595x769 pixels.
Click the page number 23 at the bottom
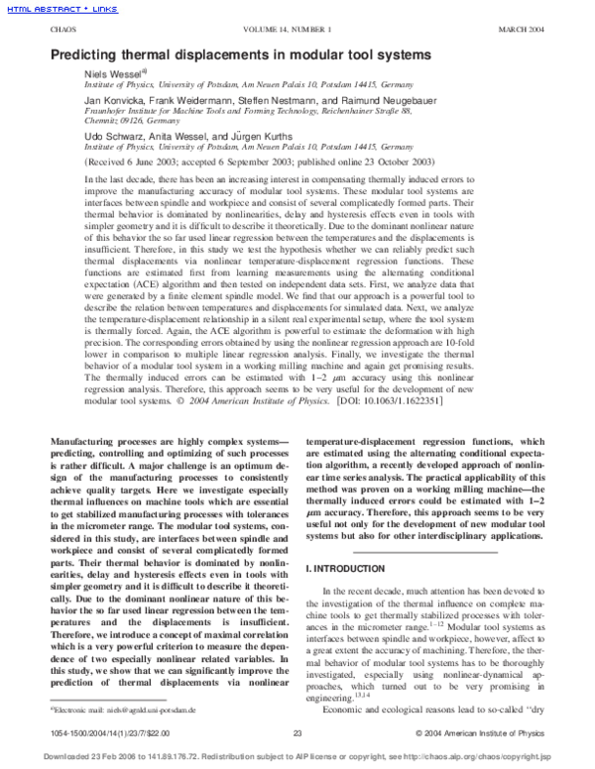point(297,733)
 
